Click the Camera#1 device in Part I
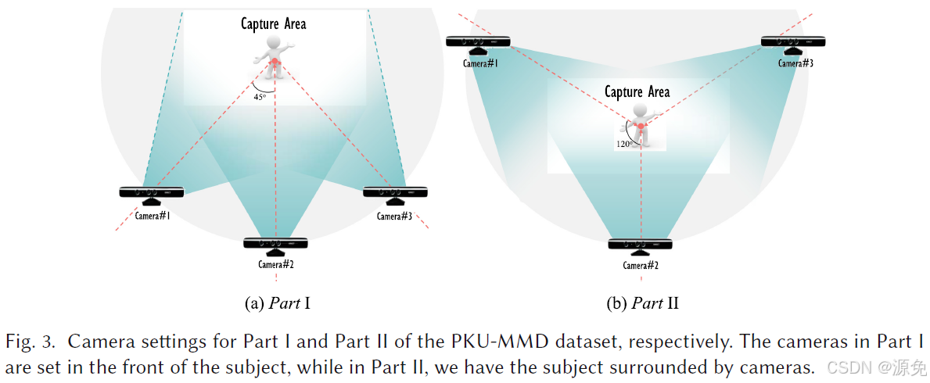[x=152, y=192]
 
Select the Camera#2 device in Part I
[x=275, y=244]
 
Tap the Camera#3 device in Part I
[x=396, y=192]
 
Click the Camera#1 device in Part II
[x=479, y=42]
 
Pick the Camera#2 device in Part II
[x=641, y=245]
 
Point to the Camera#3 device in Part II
[x=793, y=42]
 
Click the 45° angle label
[x=260, y=97]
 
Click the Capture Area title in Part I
[x=273, y=23]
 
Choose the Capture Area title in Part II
[x=637, y=92]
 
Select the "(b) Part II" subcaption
[x=642, y=303]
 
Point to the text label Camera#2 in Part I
[x=275, y=264]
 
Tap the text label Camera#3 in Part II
[x=795, y=63]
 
